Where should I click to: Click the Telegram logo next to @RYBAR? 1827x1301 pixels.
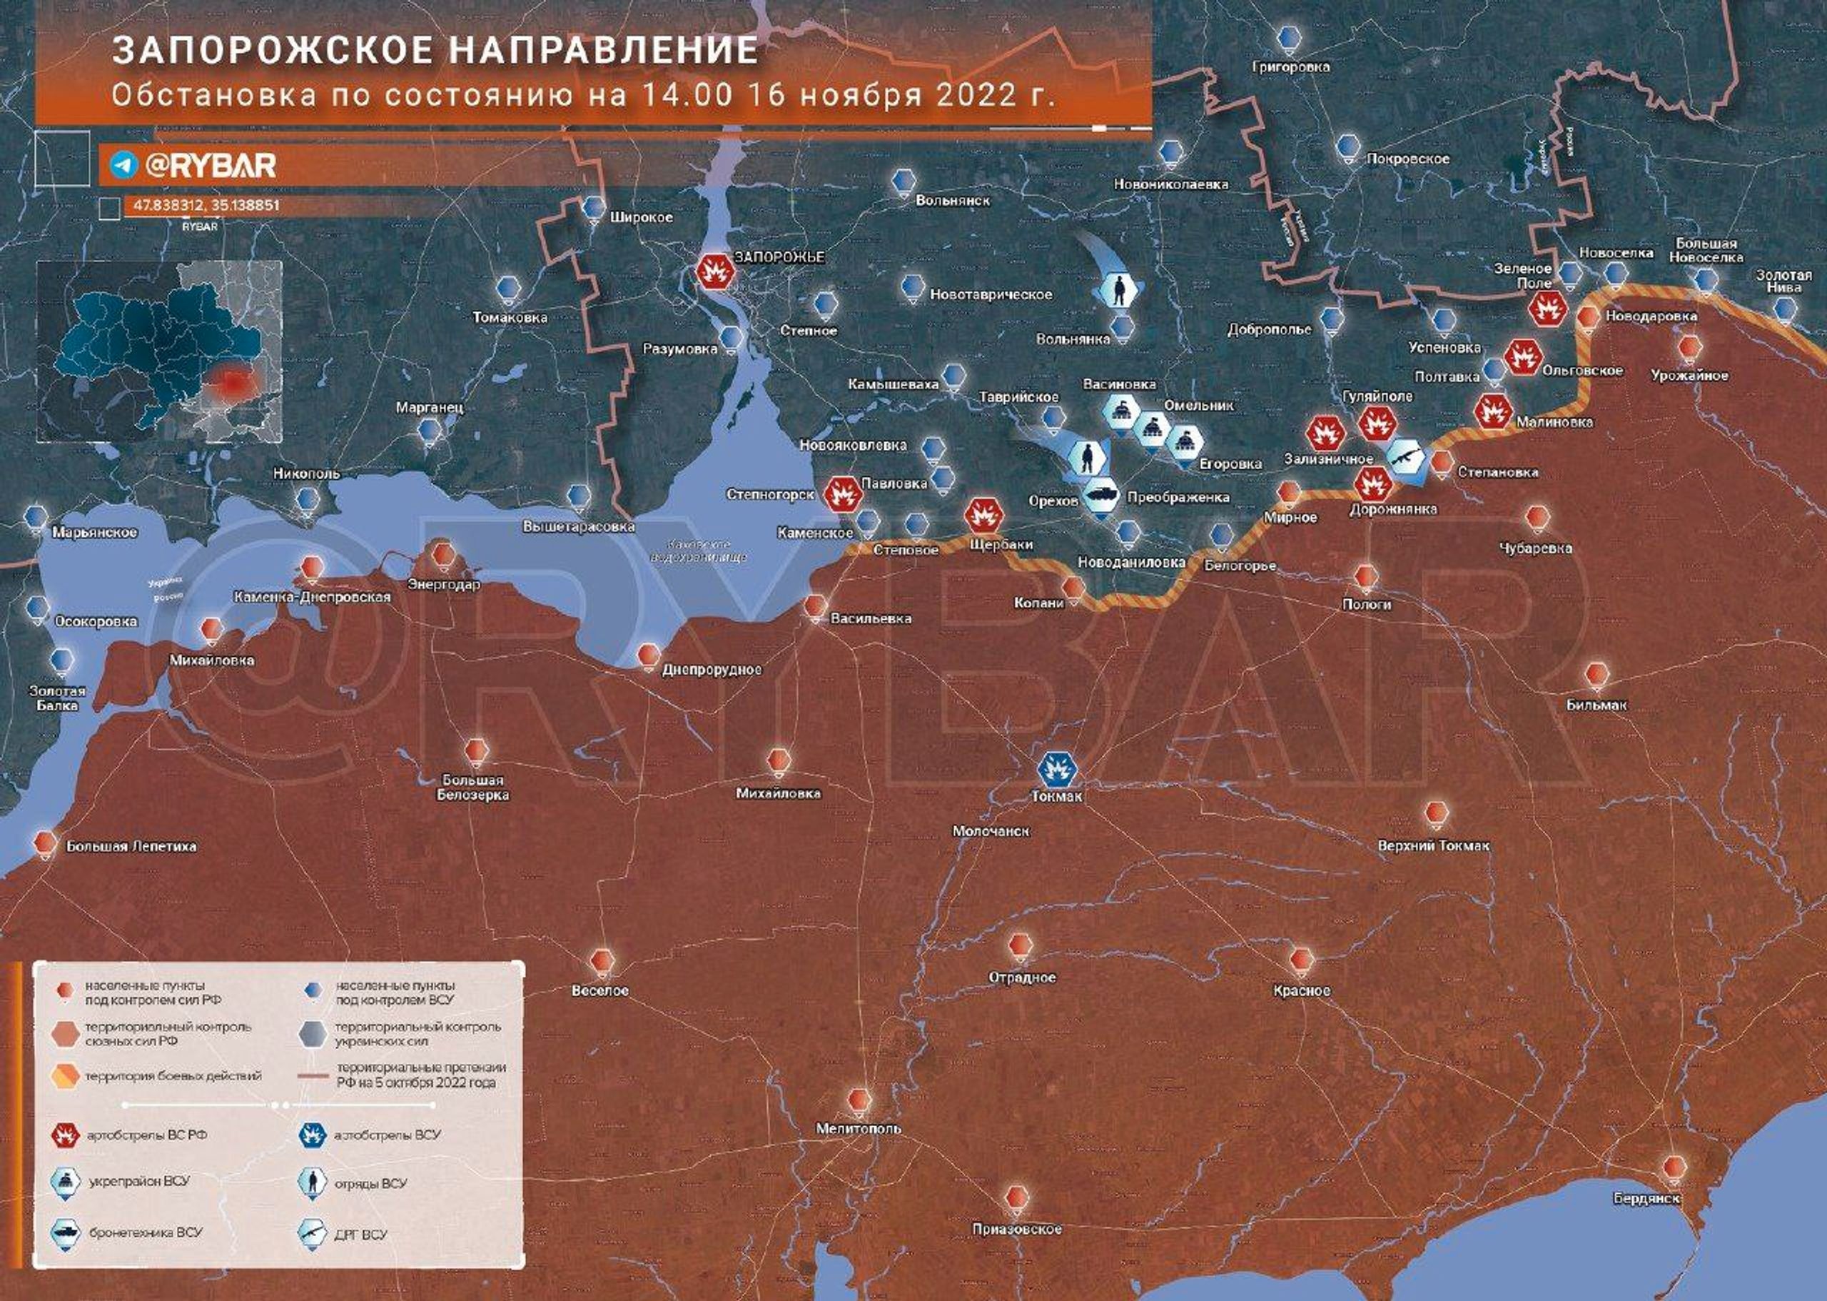click(124, 165)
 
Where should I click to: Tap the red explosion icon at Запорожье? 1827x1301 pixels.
click(715, 271)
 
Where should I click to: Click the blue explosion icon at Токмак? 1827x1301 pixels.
click(1057, 770)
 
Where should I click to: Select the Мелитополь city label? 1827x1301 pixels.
click(859, 1128)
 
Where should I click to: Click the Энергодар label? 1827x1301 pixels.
click(443, 584)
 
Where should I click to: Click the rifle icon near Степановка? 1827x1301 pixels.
click(1407, 460)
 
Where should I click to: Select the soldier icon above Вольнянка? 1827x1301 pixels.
click(1118, 289)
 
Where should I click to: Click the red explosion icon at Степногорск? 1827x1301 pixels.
click(842, 494)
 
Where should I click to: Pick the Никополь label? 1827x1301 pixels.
click(307, 473)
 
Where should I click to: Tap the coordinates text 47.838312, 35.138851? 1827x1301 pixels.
click(206, 205)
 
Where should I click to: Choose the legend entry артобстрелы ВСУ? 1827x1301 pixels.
click(388, 1135)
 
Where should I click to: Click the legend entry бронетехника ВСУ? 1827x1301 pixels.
click(146, 1231)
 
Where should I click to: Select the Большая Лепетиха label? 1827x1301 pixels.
click(131, 845)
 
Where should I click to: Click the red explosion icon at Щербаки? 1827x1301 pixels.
click(983, 515)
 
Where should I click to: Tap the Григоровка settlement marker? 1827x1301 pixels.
click(1288, 39)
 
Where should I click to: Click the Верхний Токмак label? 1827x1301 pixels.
click(1433, 845)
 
